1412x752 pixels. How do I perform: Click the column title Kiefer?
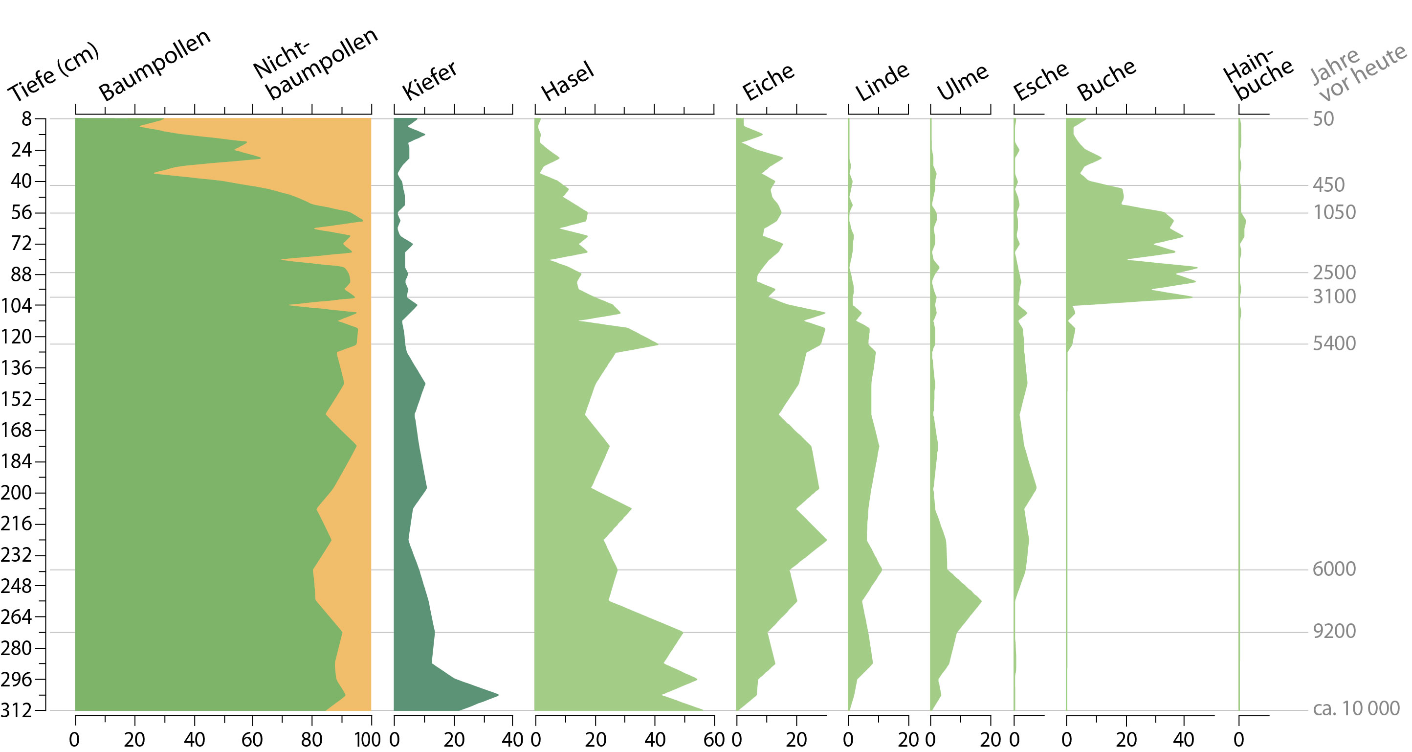pos(430,81)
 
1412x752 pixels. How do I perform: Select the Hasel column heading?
pos(568,82)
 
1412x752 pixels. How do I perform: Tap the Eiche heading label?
pos(768,82)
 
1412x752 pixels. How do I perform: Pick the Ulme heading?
pos(962,83)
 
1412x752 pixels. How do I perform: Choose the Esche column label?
pos(1040,82)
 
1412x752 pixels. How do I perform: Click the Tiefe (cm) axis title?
pos(53,72)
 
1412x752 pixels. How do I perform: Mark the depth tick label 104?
pos(17,305)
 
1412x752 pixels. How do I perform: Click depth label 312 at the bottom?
pos(17,711)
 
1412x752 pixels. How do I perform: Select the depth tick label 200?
pos(17,493)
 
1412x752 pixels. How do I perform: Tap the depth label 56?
pos(22,212)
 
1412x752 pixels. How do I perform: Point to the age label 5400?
pos(1334,343)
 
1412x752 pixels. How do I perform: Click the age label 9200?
pos(1334,631)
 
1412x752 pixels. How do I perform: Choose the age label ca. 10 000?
pos(1356,708)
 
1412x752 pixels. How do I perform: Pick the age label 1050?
pos(1334,212)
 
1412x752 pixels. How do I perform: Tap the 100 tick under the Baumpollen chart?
pos(368,740)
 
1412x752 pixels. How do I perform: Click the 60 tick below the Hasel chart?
pos(714,740)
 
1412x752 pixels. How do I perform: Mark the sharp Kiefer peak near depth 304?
pos(497,695)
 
